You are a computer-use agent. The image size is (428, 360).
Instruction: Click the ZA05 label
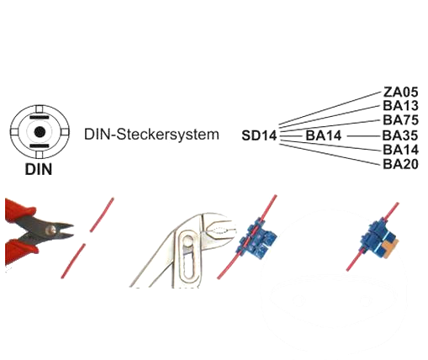click(x=400, y=92)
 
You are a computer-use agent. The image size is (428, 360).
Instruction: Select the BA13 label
click(x=400, y=106)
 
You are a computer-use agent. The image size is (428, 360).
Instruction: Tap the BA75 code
click(x=400, y=120)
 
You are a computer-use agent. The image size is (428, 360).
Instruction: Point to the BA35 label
click(x=400, y=135)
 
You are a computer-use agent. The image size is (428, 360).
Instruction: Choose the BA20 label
click(x=400, y=164)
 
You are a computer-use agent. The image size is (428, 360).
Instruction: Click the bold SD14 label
click(x=259, y=135)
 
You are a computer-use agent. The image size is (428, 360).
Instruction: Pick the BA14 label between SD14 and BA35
click(x=324, y=135)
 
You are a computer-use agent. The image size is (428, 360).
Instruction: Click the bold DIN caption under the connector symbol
click(x=39, y=169)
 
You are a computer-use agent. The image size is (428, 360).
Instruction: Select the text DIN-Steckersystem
click(x=151, y=134)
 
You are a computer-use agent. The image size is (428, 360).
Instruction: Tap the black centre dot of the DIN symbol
click(x=40, y=132)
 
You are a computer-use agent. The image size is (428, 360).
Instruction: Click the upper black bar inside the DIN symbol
click(x=40, y=117)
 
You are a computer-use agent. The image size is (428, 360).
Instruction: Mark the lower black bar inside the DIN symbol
click(x=40, y=146)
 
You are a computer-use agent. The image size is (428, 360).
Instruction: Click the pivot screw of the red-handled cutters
click(x=51, y=230)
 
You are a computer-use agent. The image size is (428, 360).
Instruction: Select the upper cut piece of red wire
click(x=102, y=214)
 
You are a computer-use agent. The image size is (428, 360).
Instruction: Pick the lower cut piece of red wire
click(x=73, y=261)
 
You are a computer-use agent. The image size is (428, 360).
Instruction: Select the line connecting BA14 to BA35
click(x=365, y=136)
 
